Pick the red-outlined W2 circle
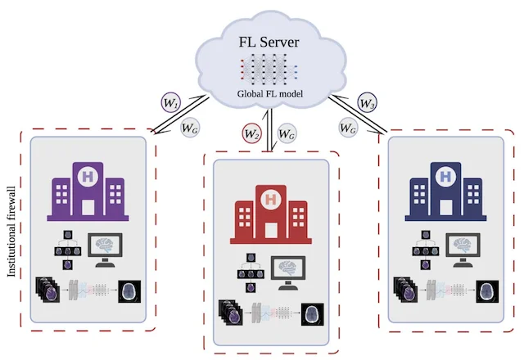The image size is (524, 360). (x=251, y=131)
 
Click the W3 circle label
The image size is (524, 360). (x=368, y=104)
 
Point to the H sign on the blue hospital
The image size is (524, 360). (x=445, y=177)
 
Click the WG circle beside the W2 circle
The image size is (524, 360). (x=286, y=131)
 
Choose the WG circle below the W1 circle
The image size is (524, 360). (x=190, y=128)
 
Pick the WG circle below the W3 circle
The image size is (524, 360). (x=347, y=127)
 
